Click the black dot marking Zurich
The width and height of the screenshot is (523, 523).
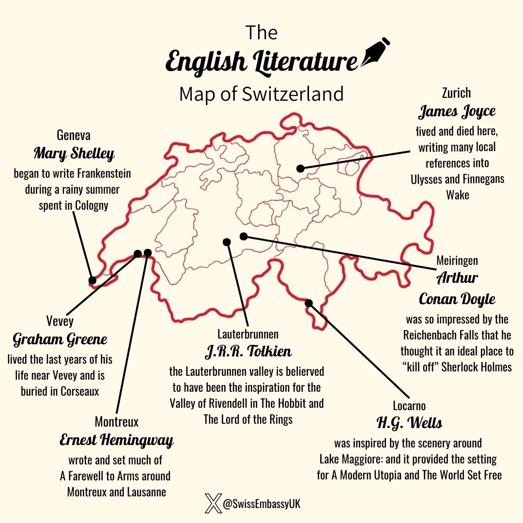(x=300, y=169)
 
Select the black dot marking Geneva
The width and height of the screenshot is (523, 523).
(x=92, y=280)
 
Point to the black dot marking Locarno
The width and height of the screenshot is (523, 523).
(x=309, y=303)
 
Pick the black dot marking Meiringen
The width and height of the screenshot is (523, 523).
(x=244, y=236)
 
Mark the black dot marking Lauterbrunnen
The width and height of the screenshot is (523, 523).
(x=226, y=242)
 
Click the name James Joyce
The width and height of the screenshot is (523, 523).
(x=457, y=112)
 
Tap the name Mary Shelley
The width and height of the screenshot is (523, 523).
(x=74, y=154)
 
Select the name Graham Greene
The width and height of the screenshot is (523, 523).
(x=60, y=339)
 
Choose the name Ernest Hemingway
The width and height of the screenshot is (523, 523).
(x=116, y=441)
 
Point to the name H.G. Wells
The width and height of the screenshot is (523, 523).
(x=409, y=423)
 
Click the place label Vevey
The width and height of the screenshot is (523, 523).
(x=60, y=322)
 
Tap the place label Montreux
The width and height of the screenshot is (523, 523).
(x=116, y=422)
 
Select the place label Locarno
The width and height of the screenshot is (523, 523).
(x=409, y=405)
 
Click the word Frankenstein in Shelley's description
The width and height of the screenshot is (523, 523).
(x=100, y=173)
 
